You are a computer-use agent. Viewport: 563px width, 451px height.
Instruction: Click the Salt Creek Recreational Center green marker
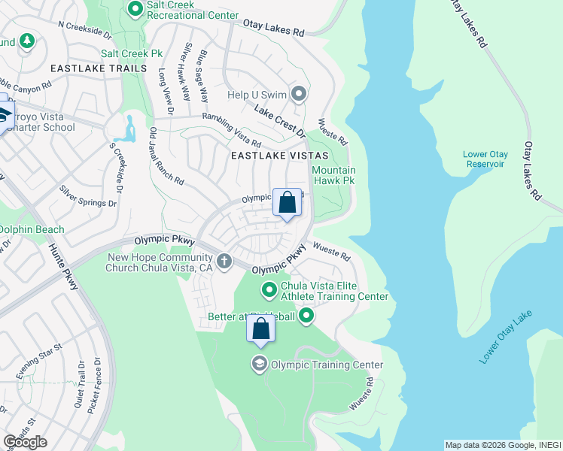[x=135, y=9]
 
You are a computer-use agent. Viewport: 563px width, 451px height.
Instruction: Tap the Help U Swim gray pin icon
[x=299, y=95]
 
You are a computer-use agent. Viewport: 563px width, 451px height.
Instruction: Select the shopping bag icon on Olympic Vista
[x=287, y=202]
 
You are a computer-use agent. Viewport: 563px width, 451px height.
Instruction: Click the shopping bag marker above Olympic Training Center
[x=260, y=329]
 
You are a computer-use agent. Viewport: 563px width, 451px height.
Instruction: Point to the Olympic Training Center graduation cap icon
[x=259, y=365]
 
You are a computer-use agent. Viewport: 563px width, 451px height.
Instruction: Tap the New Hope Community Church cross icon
[x=224, y=261]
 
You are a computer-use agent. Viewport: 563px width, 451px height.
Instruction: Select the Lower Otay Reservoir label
[x=485, y=159]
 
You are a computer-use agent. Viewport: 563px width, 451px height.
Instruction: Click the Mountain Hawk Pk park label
[x=333, y=176]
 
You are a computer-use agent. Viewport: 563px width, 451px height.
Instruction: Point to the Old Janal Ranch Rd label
[x=166, y=156]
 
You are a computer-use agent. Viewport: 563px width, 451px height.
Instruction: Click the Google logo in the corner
[x=25, y=442]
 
